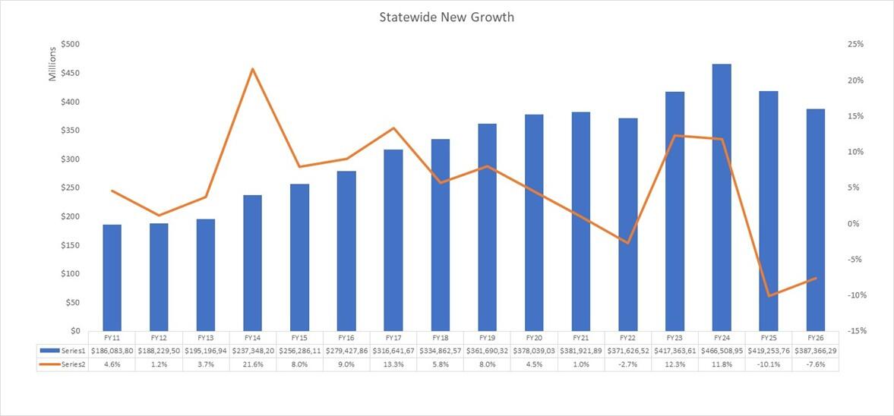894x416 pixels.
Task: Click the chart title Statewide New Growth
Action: [x=447, y=17]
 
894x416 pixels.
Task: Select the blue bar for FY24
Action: [x=722, y=197]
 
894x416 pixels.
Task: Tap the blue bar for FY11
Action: [x=112, y=278]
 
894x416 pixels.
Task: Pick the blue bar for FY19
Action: [x=487, y=227]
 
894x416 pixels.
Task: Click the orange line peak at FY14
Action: [x=252, y=69]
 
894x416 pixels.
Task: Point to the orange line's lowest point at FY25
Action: [x=769, y=295]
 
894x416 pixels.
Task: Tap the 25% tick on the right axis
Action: [x=856, y=44]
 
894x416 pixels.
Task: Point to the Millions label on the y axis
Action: [x=53, y=64]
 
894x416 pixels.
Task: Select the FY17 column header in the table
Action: [x=393, y=337]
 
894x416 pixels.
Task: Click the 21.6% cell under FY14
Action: [x=252, y=364]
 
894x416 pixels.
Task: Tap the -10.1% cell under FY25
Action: [x=769, y=364]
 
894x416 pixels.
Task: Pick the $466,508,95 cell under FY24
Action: [x=722, y=351]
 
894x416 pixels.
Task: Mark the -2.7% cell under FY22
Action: [x=627, y=364]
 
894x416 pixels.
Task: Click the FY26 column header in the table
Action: [x=815, y=337]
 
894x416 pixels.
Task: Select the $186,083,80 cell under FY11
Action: [x=112, y=351]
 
